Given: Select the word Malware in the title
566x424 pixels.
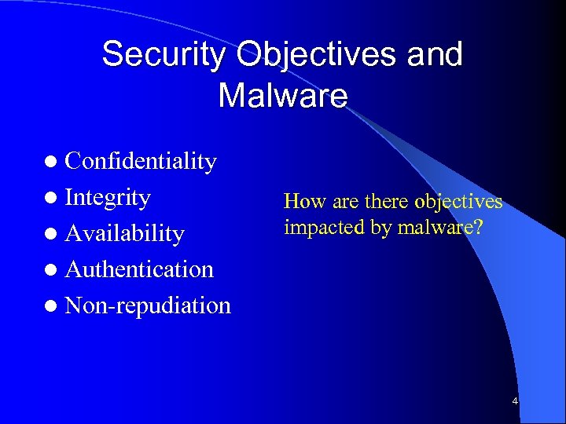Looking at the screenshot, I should click(282, 96).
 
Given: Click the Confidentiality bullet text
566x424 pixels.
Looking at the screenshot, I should click(141, 161).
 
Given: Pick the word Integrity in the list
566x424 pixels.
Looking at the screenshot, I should click(108, 197).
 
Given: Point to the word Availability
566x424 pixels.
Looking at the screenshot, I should click(124, 233).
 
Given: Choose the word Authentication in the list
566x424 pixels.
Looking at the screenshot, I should click(139, 269).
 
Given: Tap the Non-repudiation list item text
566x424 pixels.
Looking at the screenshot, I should click(148, 305).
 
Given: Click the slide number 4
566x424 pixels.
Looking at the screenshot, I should click(515, 402).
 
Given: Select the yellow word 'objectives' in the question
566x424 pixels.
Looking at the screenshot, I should click(458, 202).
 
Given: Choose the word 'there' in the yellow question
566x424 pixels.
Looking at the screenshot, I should click(386, 202).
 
